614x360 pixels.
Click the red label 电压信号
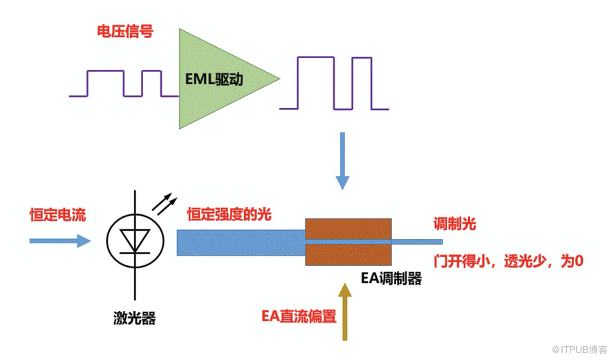point(125,31)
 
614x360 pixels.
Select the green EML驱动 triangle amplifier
point(218,79)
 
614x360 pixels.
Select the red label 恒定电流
point(57,215)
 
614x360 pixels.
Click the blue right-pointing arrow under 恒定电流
point(59,240)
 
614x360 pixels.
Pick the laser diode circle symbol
point(134,241)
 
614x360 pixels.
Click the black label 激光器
point(134,319)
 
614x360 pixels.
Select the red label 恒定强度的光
point(229,215)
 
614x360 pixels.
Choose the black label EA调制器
point(391,279)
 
